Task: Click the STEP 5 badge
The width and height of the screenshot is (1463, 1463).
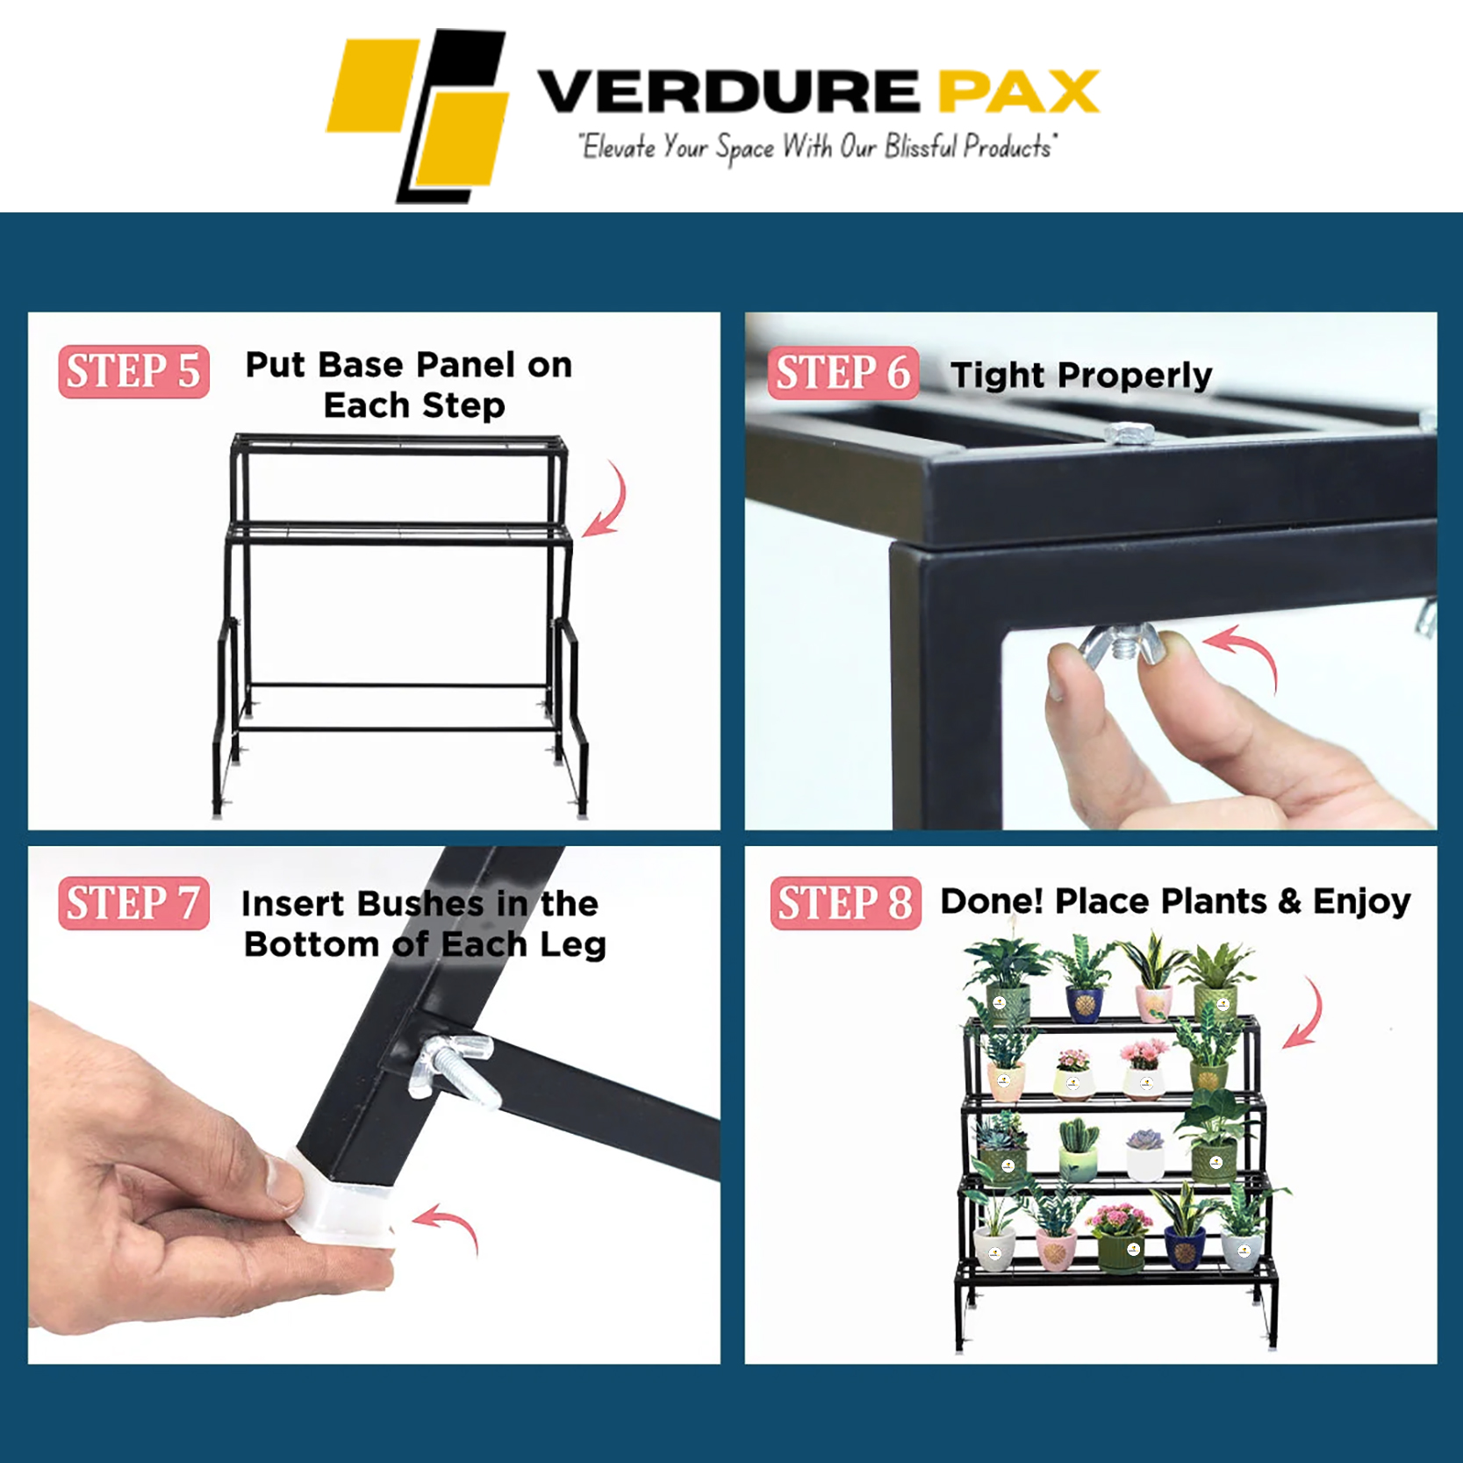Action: [x=133, y=371]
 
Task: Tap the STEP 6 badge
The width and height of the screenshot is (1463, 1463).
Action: [x=843, y=373]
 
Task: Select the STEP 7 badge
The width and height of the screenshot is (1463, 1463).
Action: [x=133, y=903]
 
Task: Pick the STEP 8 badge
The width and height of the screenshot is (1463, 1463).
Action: [x=846, y=903]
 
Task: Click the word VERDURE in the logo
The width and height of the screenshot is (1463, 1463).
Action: [x=728, y=91]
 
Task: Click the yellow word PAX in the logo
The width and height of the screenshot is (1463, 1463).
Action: [x=1019, y=91]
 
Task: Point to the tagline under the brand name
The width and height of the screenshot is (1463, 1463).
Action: [x=817, y=147]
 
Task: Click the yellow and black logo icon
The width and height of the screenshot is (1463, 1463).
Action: [x=418, y=116]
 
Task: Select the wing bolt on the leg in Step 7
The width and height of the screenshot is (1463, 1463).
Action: [x=454, y=1067]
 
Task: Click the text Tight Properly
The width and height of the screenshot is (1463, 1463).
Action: [x=1081, y=376]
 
